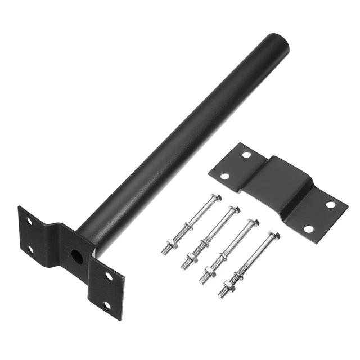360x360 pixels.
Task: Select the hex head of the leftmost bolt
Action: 217,197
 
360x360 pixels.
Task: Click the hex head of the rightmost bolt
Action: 273,235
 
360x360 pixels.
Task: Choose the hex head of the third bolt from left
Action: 254,223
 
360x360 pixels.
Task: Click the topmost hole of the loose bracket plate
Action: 246,154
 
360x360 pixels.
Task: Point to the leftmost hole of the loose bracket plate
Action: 225,176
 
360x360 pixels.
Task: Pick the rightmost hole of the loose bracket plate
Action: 330,204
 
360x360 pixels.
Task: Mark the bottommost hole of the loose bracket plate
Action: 308,229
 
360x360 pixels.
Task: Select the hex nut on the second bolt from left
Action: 192,258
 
